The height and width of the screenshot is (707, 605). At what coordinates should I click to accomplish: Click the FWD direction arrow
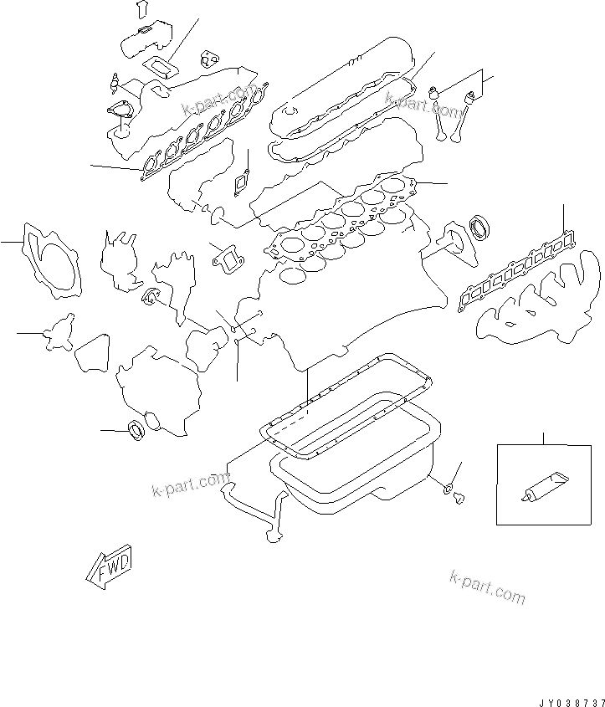(110, 566)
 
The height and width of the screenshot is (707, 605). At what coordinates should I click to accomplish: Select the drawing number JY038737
(572, 702)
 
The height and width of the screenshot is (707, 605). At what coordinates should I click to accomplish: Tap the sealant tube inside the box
(544, 487)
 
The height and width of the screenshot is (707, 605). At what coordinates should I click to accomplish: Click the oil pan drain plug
(459, 497)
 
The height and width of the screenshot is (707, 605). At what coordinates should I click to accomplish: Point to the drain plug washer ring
(449, 488)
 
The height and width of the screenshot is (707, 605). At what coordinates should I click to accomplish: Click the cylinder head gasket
(342, 221)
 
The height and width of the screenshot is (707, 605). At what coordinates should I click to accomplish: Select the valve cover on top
(341, 85)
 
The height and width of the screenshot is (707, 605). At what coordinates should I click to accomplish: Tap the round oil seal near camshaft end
(479, 228)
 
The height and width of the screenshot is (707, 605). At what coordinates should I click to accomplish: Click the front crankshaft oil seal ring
(136, 430)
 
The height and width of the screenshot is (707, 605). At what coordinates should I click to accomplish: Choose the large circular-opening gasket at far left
(52, 261)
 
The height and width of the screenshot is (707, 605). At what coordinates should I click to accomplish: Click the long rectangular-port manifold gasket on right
(516, 271)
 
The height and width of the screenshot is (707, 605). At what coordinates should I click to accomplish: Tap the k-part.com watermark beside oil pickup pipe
(190, 484)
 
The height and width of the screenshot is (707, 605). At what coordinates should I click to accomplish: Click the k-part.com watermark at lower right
(487, 587)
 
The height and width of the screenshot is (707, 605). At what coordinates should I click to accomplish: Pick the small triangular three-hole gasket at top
(210, 59)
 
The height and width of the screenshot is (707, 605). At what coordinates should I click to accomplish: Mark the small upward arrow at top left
(142, 9)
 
